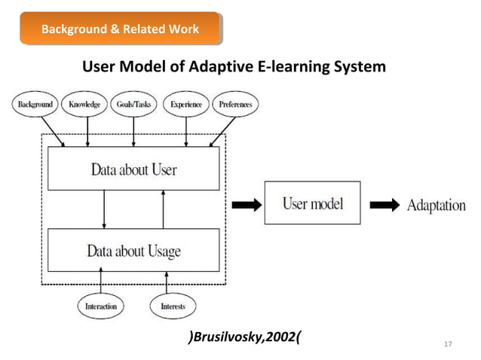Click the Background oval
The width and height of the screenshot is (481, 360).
(35, 105)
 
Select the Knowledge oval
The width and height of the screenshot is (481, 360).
(84, 105)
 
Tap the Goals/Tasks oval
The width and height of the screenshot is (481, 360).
(133, 105)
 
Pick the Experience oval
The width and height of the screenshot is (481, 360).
(185, 105)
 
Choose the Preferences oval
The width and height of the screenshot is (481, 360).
(235, 105)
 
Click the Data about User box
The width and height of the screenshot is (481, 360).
(133, 169)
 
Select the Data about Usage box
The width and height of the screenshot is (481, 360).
(133, 249)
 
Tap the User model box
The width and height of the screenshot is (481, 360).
(312, 203)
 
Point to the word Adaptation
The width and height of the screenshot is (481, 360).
(437, 205)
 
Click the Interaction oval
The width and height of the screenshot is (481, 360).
(101, 306)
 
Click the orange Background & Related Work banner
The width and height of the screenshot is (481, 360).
(121, 29)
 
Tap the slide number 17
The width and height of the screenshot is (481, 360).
(448, 344)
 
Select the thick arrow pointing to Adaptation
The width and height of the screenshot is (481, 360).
(384, 204)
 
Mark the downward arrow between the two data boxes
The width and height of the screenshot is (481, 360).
(104, 209)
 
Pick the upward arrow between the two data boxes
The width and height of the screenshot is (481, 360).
(163, 209)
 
